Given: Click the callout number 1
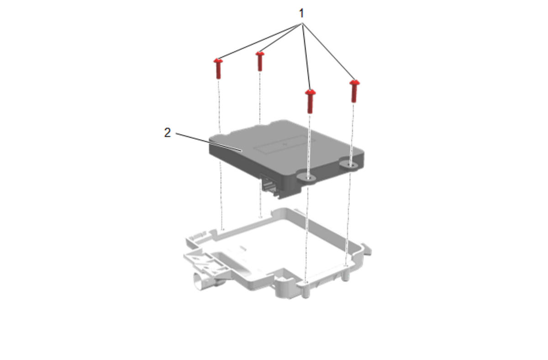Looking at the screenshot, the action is pyautogui.click(x=301, y=13).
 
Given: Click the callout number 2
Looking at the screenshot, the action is pyautogui.click(x=167, y=132).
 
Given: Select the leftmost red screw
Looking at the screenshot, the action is pyautogui.click(x=218, y=69).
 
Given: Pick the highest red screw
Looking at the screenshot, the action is pyautogui.click(x=260, y=61).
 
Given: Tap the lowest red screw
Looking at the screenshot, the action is pyautogui.click(x=310, y=101).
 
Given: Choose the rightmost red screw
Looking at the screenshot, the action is pyautogui.click(x=354, y=91).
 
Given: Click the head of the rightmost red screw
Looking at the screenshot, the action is pyautogui.click(x=354, y=83).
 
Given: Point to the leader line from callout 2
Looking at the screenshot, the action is pyautogui.click(x=209, y=143).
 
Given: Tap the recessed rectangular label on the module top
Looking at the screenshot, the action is pyautogui.click(x=284, y=145).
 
